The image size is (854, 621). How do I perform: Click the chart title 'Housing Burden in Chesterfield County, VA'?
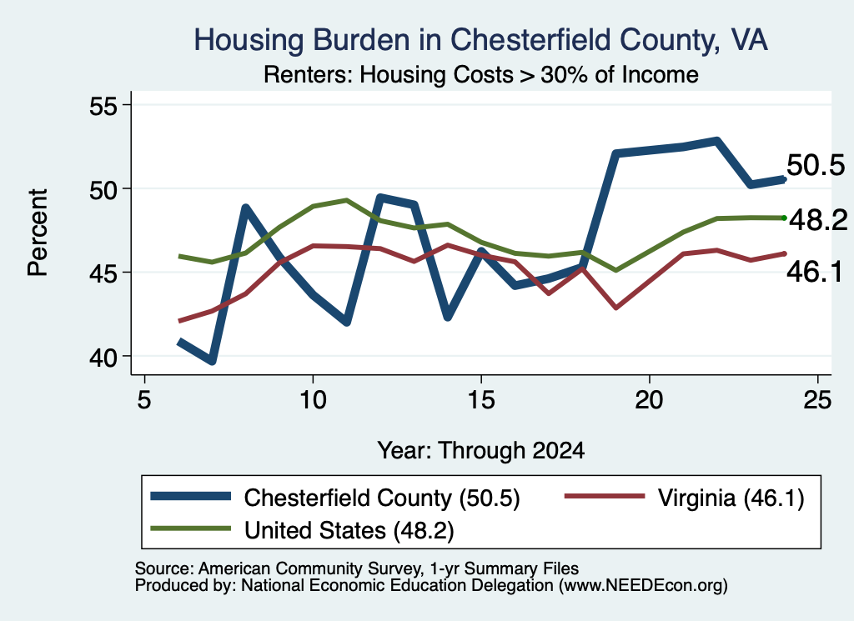click(481, 40)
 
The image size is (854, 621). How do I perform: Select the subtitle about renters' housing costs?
click(481, 74)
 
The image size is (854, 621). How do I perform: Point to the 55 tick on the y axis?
click(103, 106)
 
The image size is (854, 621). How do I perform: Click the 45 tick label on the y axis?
click(103, 273)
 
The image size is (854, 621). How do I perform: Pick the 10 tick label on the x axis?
click(313, 401)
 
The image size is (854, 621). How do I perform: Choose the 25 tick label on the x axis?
click(817, 401)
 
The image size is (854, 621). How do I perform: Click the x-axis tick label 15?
click(481, 401)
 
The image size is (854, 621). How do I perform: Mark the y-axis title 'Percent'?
click(38, 233)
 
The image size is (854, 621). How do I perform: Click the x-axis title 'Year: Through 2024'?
click(481, 451)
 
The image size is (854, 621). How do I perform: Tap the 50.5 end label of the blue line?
click(816, 165)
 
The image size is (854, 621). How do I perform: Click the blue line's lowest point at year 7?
click(212, 360)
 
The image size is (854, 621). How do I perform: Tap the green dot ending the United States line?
click(784, 218)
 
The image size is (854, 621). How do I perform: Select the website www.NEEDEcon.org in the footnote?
click(643, 586)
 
